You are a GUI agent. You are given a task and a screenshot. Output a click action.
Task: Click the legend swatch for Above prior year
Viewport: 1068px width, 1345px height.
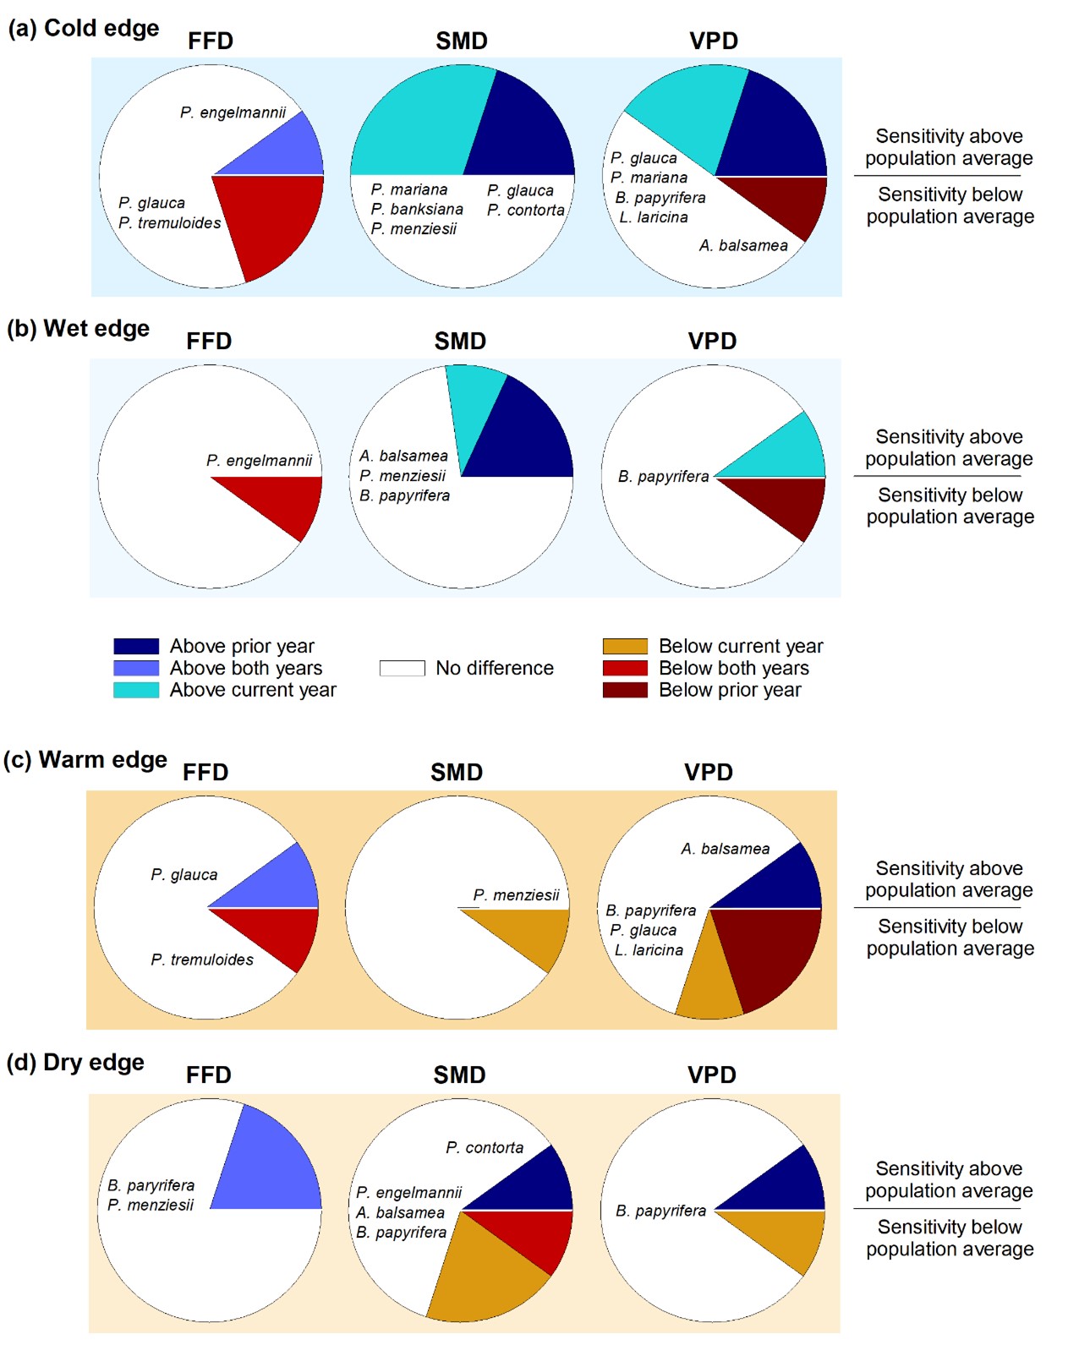click(x=136, y=647)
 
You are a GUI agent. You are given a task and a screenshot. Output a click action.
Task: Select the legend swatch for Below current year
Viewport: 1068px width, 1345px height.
click(x=625, y=647)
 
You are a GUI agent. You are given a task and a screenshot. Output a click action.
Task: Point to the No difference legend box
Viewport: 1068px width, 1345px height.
click(x=402, y=669)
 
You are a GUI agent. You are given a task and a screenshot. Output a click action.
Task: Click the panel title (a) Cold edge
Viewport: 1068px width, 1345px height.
click(x=83, y=28)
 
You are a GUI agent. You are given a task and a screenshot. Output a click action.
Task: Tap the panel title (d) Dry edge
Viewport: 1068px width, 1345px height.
click(x=75, y=1063)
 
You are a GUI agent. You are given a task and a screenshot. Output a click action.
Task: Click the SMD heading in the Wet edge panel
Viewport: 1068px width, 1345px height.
click(x=460, y=342)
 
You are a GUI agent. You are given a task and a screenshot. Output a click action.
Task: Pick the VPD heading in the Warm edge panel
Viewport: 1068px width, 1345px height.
click(x=709, y=773)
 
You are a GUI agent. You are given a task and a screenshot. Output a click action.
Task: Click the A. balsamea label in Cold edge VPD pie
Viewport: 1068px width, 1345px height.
click(x=743, y=246)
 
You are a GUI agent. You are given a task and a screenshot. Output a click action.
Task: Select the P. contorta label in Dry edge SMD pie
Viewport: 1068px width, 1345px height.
click(x=485, y=1148)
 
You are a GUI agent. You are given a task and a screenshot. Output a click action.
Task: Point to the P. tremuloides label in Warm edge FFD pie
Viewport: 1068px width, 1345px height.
click(x=202, y=960)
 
